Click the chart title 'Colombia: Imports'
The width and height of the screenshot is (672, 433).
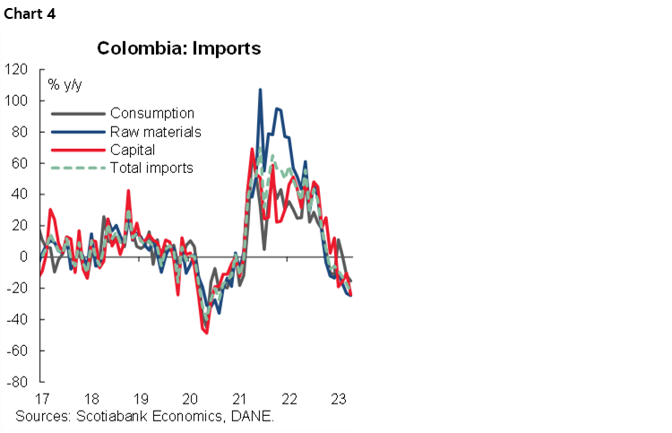[x=179, y=48]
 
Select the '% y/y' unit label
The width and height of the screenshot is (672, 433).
[x=65, y=85]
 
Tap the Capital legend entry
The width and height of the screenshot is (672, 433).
[x=133, y=150]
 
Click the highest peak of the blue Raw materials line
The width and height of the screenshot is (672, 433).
[x=260, y=90]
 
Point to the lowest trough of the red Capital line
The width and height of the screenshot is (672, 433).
[x=206, y=333]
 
